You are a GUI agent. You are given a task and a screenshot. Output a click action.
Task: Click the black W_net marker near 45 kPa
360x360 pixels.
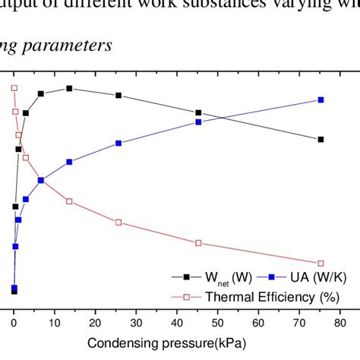[199, 112]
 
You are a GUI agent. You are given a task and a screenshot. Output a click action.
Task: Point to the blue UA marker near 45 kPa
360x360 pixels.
[199, 122]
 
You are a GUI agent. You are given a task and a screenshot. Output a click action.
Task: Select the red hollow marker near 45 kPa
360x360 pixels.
[199, 243]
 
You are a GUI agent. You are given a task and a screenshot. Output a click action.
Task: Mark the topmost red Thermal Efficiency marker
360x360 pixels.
[14, 88]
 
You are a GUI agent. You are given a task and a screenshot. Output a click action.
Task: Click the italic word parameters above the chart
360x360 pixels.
[74, 46]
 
